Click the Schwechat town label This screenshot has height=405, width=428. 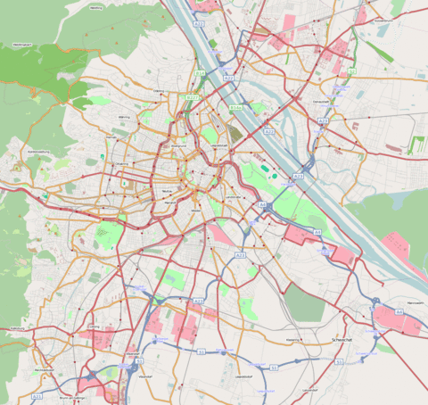pos(342,340)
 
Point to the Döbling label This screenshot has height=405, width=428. pos(160,91)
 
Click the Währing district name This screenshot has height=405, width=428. pos(125,117)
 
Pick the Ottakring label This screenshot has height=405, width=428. pos(121,164)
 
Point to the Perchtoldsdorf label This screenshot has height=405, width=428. pos(45,369)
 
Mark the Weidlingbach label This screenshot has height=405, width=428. pos(23,43)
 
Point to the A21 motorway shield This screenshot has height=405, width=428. pos(37,395)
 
